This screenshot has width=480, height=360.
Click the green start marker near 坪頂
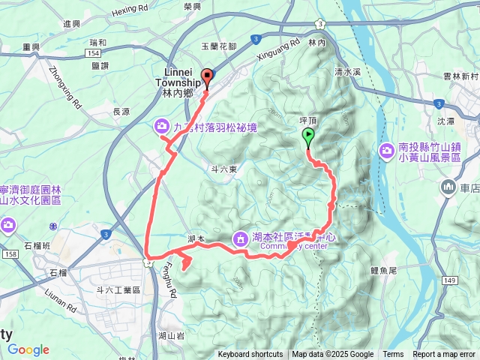pyautogui.click(x=308, y=136)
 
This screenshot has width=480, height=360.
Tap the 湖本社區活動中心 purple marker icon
pyautogui.click(x=241, y=238)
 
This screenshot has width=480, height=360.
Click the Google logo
pyautogui.click(x=28, y=349)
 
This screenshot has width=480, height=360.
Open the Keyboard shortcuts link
pyautogui.click(x=250, y=355)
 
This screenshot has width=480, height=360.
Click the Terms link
pyautogui.click(x=393, y=355)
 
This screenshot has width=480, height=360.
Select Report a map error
pyautogui.click(x=445, y=355)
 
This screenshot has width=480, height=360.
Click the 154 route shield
pyautogui.click(x=94, y=54)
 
